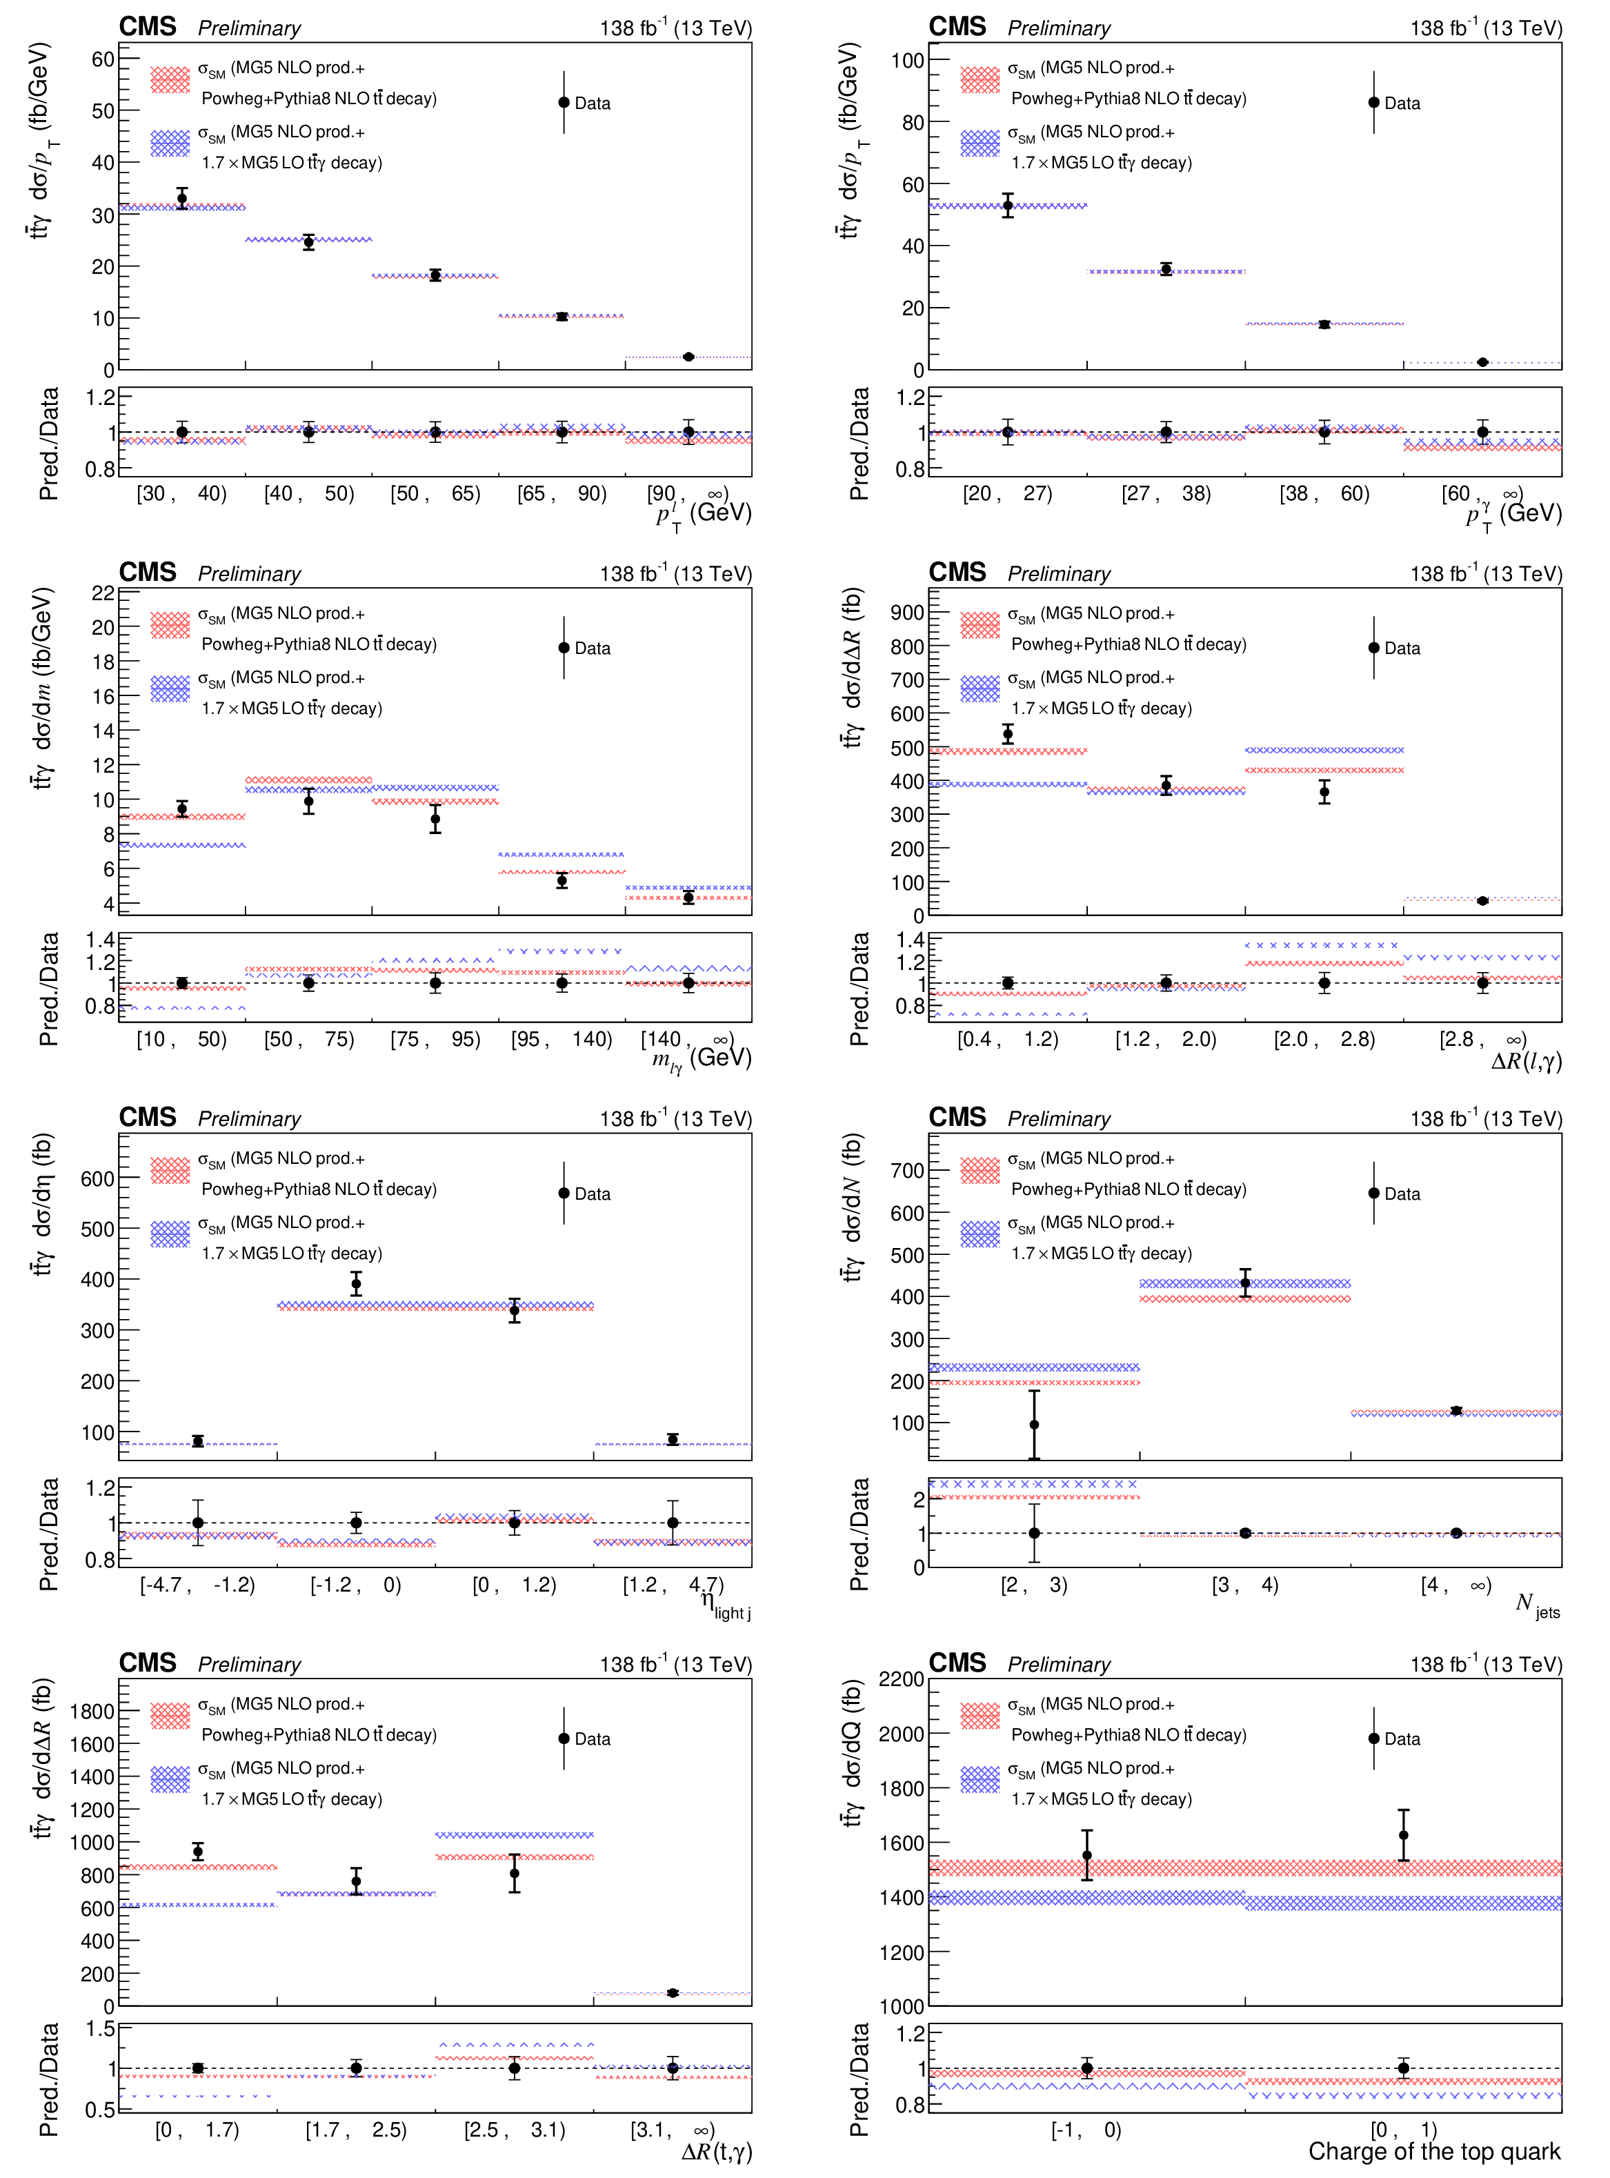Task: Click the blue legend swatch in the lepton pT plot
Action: (170, 143)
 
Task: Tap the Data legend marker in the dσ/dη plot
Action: (564, 1193)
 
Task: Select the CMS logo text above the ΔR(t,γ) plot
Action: (147, 1663)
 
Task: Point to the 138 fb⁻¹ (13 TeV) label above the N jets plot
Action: (1485, 1119)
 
